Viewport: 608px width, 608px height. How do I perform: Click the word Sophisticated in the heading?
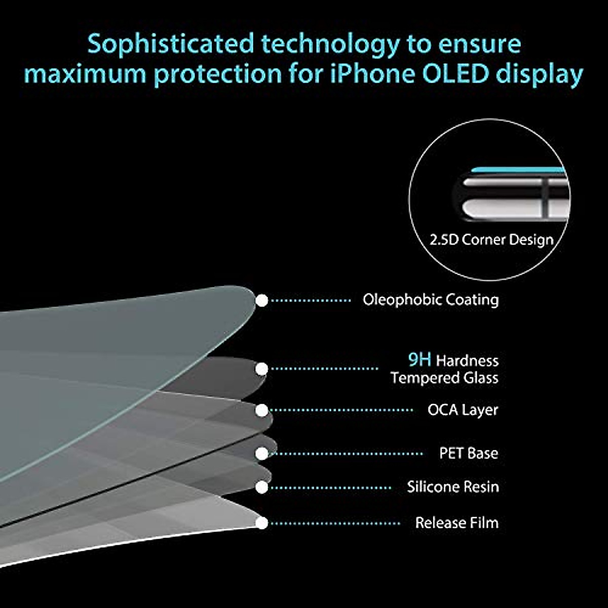click(171, 45)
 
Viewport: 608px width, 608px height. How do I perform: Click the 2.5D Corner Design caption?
click(491, 240)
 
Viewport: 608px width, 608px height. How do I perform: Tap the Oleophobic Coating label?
click(431, 300)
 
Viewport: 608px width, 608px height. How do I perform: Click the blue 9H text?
click(420, 360)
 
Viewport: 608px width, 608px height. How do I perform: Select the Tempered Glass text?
click(444, 377)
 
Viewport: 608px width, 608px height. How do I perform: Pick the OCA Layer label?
click(463, 410)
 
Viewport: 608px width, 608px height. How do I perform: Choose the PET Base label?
click(469, 453)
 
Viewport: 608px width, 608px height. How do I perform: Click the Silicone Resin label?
click(453, 487)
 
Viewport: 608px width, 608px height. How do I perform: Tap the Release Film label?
click(457, 522)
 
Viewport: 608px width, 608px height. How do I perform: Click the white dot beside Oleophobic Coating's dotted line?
click(261, 300)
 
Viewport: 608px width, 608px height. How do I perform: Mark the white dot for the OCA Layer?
click(261, 410)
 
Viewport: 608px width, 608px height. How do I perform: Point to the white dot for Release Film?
click(261, 523)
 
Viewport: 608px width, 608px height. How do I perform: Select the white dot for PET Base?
click(261, 453)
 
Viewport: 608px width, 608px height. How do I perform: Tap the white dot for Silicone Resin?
click(261, 487)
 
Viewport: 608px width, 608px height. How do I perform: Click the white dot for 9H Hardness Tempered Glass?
click(261, 369)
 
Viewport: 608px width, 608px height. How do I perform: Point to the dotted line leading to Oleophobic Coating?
click(311, 300)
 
